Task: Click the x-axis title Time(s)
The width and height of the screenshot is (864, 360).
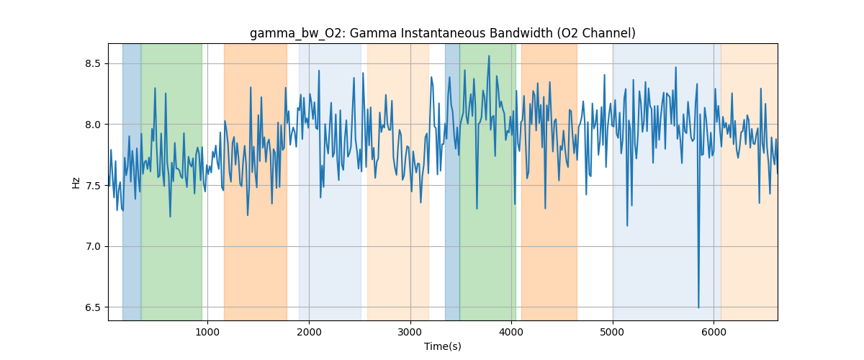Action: pos(443,346)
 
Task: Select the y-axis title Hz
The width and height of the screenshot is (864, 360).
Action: pos(76,182)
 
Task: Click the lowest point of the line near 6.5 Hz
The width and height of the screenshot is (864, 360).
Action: pos(698,307)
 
